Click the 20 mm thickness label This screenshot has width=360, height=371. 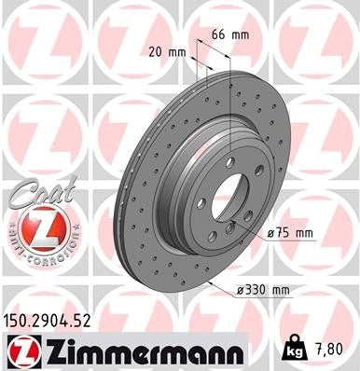point(163,54)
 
